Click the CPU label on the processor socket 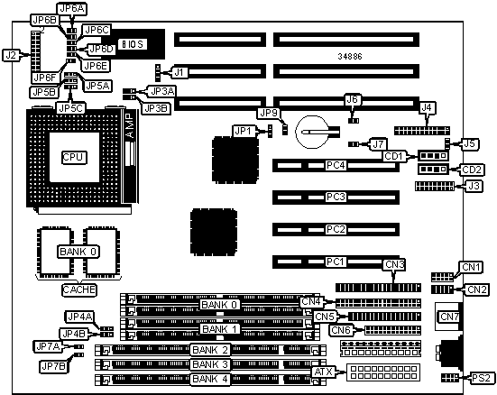pyautogui.click(x=73, y=157)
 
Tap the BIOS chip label pyautogui.click(x=133, y=44)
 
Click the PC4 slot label pyautogui.click(x=336, y=165)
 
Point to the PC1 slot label pyautogui.click(x=336, y=262)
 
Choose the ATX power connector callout pyautogui.click(x=324, y=372)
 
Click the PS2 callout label pyautogui.click(x=482, y=378)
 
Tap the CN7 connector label pyautogui.click(x=449, y=317)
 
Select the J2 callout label pyautogui.click(x=11, y=56)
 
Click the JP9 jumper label pyautogui.click(x=269, y=113)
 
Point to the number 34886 pyautogui.click(x=350, y=57)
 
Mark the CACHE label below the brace pyautogui.click(x=78, y=289)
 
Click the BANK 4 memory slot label pyautogui.click(x=210, y=379)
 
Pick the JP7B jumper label pyautogui.click(x=53, y=366)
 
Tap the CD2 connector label pyautogui.click(x=472, y=170)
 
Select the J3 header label pyautogui.click(x=474, y=186)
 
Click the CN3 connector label pyautogui.click(x=394, y=265)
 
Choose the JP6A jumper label pyautogui.click(x=72, y=9)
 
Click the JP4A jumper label pyautogui.click(x=80, y=317)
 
